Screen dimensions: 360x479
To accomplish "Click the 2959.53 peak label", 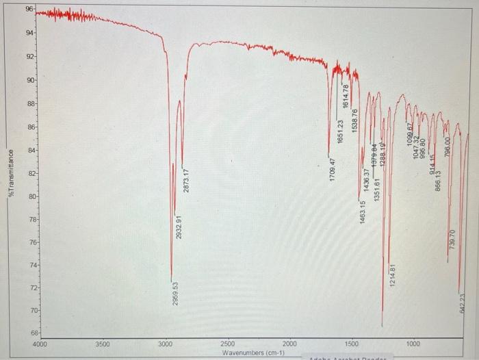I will click(176, 294).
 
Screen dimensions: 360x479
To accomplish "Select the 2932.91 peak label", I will click(179, 226).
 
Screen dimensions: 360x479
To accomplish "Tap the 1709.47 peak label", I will click(332, 170).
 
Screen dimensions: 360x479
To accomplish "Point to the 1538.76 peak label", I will click(354, 120).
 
